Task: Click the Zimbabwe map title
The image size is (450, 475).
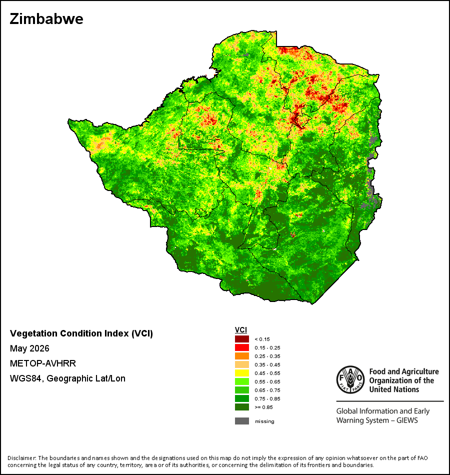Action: (46, 19)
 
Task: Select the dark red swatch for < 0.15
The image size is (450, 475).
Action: (242, 339)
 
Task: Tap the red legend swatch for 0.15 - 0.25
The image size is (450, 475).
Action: (242, 347)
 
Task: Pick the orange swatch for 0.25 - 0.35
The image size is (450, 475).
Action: (242, 356)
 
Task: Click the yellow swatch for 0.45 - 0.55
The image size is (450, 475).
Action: (242, 373)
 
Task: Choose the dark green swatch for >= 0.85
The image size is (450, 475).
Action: (242, 407)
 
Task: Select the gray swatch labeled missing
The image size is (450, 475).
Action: (242, 421)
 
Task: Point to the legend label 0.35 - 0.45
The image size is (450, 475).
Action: (267, 364)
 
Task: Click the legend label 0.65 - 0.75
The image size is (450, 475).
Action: (267, 390)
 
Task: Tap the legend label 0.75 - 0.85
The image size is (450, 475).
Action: (267, 398)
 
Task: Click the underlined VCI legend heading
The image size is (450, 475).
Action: (241, 330)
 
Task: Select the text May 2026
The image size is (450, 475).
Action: (29, 348)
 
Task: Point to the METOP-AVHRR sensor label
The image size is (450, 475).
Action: (42, 363)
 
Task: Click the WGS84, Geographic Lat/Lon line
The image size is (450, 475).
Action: (67, 378)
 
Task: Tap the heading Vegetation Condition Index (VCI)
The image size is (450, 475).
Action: (81, 333)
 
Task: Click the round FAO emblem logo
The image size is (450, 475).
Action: (350, 379)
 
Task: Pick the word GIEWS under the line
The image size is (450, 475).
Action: (407, 420)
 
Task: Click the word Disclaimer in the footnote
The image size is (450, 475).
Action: (22, 458)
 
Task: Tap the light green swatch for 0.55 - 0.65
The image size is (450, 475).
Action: (242, 381)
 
